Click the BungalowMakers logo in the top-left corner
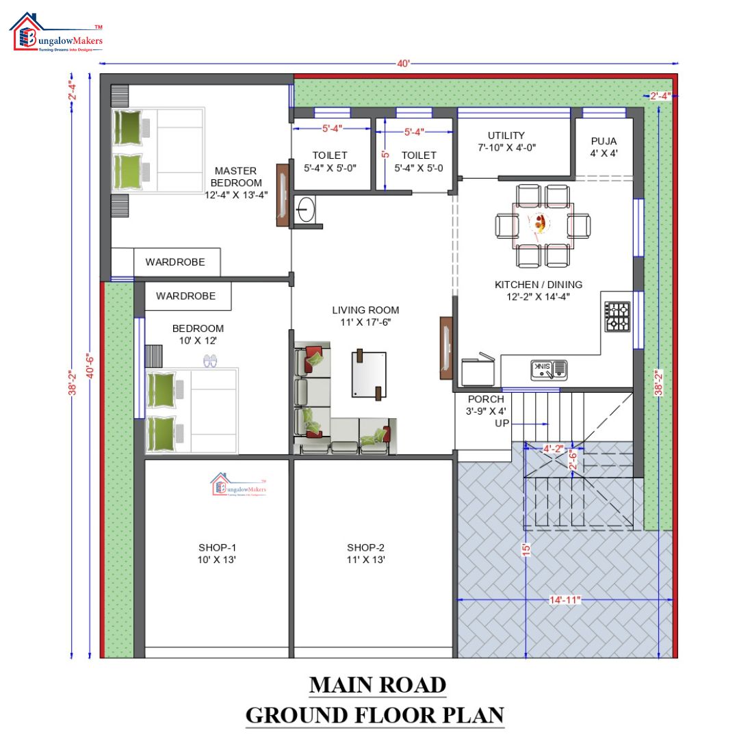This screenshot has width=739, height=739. pos(56,34)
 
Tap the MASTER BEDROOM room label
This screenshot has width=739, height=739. pos(235,182)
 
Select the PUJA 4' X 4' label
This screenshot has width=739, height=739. pos(604,147)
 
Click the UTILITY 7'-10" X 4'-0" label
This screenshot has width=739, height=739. pos(506,142)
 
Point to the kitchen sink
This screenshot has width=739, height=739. pos(549,370)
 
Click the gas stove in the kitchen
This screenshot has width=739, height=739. pos(617,317)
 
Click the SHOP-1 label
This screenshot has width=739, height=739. pos(217,554)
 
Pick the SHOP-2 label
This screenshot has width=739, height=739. pos(365,554)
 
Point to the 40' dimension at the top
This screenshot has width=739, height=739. pos(403,64)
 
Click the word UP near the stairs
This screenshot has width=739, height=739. pos(502,424)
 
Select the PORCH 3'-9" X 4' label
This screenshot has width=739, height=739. pos(486,405)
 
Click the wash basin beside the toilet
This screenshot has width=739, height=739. pos(306,209)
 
